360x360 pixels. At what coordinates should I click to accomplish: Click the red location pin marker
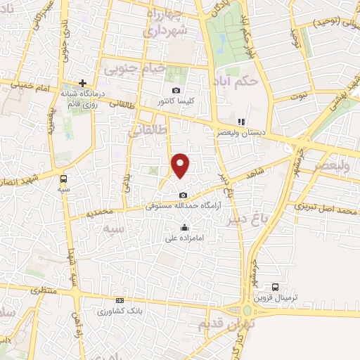(x=181, y=166)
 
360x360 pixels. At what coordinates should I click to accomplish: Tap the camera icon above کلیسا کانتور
(x=176, y=89)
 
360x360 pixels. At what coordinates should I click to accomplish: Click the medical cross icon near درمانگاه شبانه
(x=82, y=83)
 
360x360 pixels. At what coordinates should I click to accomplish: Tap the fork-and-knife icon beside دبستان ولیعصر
(x=241, y=121)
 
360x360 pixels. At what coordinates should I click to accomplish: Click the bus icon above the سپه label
(x=64, y=179)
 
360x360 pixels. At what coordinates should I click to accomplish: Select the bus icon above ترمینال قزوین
(x=276, y=287)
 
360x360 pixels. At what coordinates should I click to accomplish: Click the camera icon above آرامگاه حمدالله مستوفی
(x=184, y=195)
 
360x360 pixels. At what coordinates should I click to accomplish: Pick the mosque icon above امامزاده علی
(x=184, y=227)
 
